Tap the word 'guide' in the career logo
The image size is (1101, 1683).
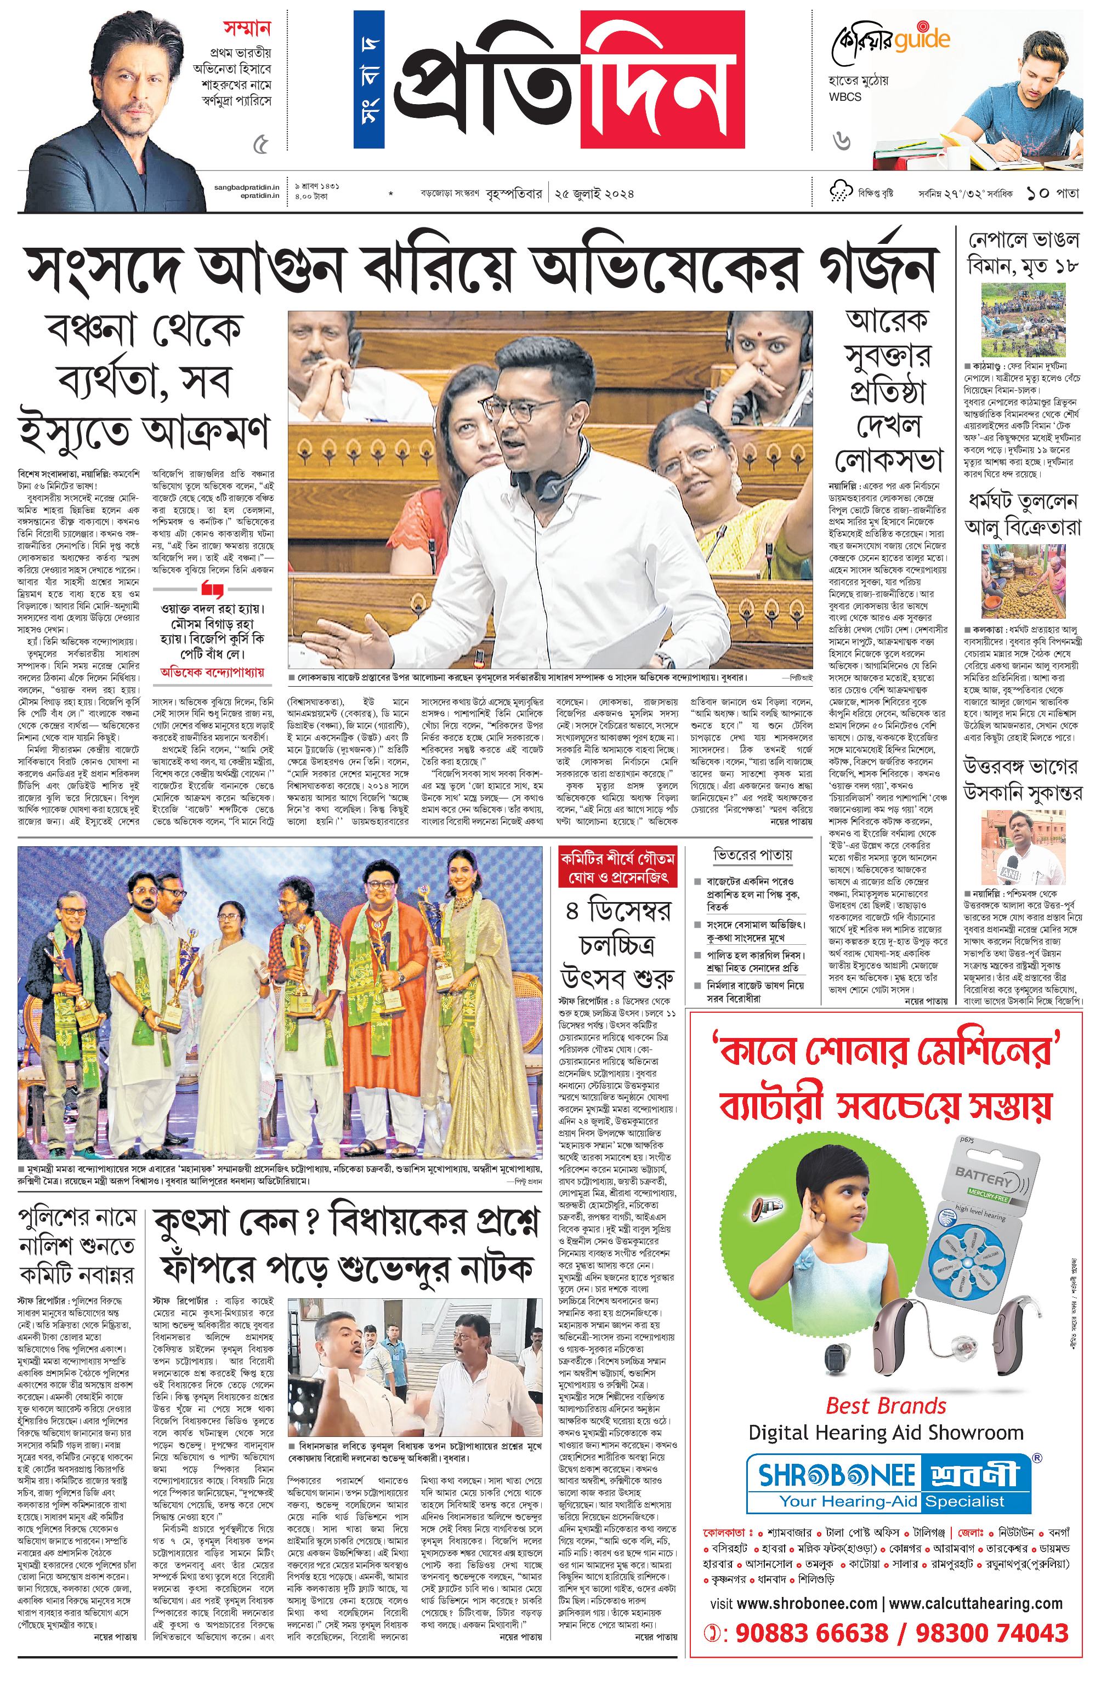[x=921, y=41]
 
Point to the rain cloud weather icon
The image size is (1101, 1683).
[x=839, y=192]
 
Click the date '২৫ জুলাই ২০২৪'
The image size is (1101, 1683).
[x=594, y=192]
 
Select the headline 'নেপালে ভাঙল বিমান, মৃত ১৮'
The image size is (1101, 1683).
[x=1023, y=253]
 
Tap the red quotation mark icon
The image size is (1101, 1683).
[x=212, y=589]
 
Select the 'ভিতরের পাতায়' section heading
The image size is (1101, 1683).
[x=752, y=855]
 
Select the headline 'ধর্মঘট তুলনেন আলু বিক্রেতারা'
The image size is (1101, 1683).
[x=1023, y=514]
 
